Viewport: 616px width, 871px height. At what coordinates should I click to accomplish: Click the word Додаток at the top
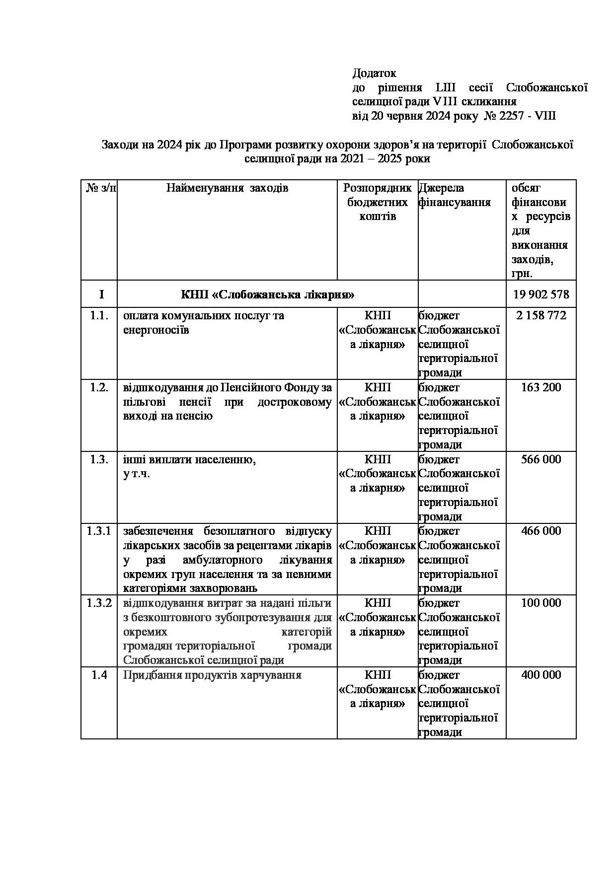374,73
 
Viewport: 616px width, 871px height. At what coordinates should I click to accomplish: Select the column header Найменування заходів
227,188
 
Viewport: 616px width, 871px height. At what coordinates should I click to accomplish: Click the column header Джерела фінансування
454,195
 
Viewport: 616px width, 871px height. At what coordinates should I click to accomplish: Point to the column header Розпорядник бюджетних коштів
378,202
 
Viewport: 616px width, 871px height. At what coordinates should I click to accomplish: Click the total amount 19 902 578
541,294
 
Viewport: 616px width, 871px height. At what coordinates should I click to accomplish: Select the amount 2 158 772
541,316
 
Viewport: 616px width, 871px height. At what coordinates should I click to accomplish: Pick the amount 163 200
541,387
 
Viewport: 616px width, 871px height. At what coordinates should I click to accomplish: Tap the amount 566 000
541,459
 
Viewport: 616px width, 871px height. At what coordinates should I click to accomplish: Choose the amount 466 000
541,531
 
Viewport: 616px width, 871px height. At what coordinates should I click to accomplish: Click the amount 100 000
541,603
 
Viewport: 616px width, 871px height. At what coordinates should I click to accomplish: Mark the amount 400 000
541,675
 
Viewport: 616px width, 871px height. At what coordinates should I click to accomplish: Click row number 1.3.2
99,603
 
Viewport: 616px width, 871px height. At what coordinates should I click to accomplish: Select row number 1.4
99,675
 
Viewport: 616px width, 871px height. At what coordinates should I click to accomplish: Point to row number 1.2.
99,387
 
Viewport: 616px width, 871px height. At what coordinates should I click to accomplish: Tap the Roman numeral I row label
101,294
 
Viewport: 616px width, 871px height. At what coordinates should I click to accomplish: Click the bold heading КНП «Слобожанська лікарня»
267,294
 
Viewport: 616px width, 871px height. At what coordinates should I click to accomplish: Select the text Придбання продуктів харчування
212,675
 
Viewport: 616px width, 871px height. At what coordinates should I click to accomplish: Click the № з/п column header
101,188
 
